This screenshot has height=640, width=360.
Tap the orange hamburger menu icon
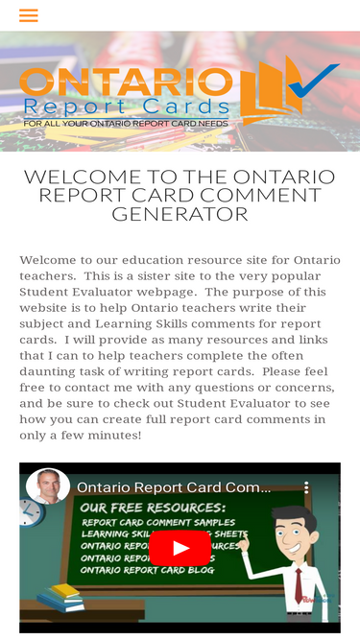click(x=28, y=15)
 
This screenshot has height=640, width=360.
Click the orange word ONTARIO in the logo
click(x=125, y=83)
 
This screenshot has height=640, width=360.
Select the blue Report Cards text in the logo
click(x=126, y=106)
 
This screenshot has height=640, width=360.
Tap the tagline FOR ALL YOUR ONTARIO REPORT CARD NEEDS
click(x=126, y=124)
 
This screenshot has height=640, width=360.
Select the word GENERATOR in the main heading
click(x=180, y=214)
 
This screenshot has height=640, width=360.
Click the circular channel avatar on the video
click(x=48, y=486)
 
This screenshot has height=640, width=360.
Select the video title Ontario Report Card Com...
click(x=173, y=487)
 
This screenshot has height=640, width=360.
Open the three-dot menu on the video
click(x=307, y=487)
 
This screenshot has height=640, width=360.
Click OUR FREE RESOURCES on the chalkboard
click(x=154, y=507)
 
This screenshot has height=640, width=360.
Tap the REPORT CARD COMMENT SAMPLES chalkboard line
click(x=158, y=523)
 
